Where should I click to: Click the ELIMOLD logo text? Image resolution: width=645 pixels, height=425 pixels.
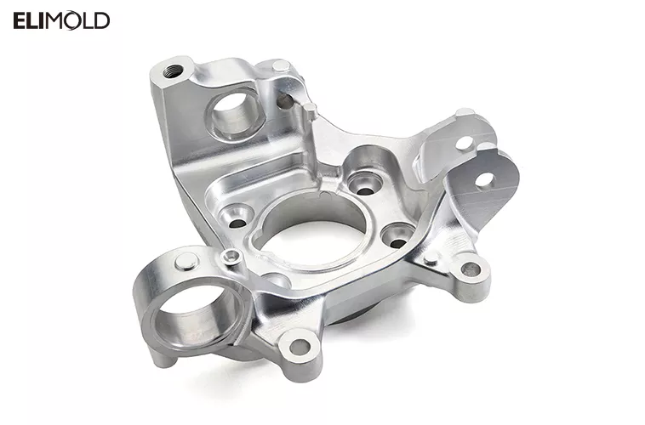[61, 21]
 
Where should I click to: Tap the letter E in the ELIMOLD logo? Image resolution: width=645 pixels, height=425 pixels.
[19, 21]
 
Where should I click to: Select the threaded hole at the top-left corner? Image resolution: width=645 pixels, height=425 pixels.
[177, 69]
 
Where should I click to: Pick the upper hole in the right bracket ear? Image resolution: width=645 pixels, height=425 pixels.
[464, 143]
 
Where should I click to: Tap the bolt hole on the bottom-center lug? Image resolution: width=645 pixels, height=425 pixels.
[299, 347]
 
